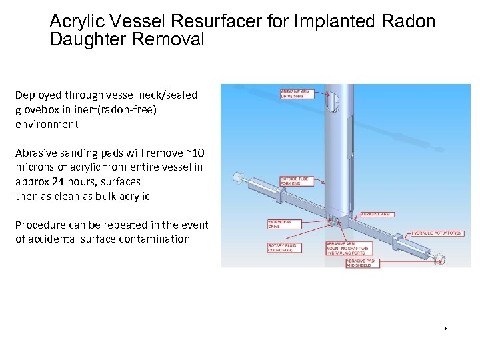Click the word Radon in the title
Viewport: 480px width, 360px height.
pyautogui.click(x=407, y=22)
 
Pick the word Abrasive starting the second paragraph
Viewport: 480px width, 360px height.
pyautogui.click(x=37, y=153)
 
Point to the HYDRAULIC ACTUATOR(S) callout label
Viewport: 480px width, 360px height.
pyautogui.click(x=437, y=233)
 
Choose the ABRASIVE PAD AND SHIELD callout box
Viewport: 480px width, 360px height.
pyautogui.click(x=363, y=263)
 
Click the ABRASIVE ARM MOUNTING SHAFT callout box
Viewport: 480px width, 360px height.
pyautogui.click(x=347, y=247)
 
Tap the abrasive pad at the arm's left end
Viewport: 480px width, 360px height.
pyautogui.click(x=235, y=177)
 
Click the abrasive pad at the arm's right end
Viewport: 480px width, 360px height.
pyautogui.click(x=440, y=257)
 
